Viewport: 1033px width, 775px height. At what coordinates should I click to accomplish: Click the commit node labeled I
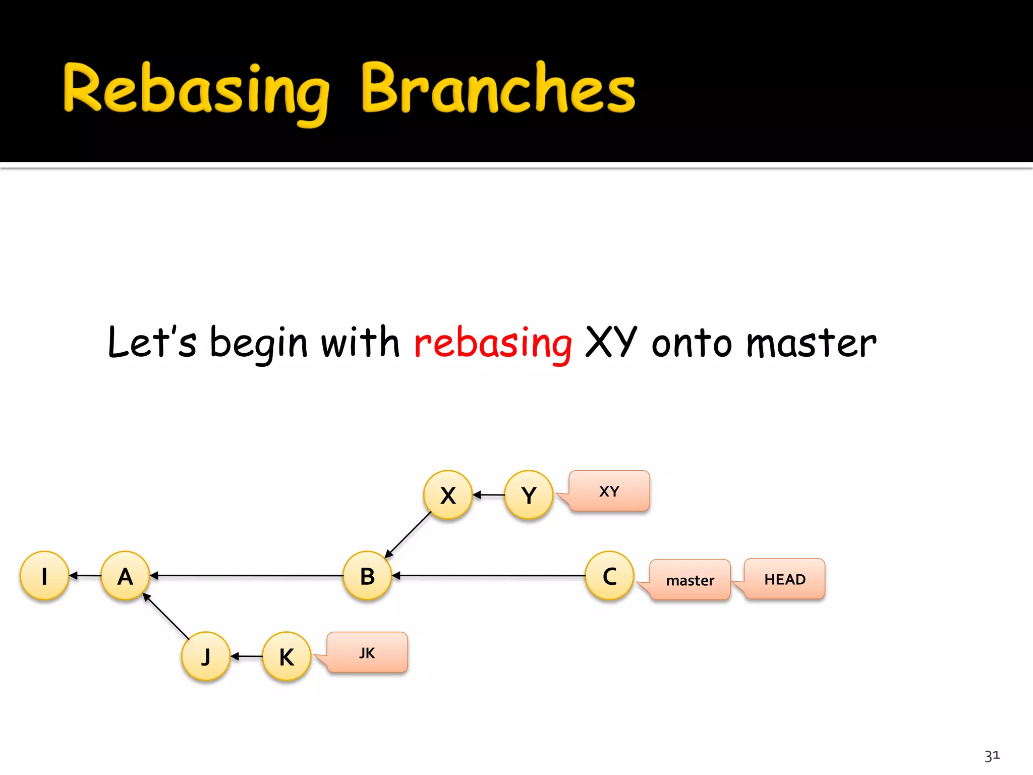44,576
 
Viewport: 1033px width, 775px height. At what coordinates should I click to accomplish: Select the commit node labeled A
125,576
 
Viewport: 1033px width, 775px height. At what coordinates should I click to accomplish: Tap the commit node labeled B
367,576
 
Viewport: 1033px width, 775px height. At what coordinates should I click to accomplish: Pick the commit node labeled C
609,576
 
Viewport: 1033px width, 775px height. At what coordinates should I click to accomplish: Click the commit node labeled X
448,495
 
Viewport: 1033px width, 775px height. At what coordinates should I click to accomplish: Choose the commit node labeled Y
529,495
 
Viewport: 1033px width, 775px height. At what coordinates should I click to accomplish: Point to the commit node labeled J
206,656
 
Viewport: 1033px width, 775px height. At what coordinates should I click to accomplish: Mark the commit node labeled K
286,656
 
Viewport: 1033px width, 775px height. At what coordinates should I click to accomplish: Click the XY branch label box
609,491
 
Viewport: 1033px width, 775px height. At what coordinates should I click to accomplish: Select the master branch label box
690,580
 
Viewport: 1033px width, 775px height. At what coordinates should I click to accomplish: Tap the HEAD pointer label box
785,579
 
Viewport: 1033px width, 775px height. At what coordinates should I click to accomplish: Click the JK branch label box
367,652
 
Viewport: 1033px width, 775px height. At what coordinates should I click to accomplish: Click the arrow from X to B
409,535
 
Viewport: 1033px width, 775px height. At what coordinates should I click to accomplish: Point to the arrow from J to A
166,617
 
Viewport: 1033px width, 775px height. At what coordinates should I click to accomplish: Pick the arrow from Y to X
488,495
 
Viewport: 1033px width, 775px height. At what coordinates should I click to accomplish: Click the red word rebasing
493,344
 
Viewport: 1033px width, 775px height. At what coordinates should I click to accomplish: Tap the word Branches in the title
498,89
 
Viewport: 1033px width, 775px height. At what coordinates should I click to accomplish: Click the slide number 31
992,756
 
